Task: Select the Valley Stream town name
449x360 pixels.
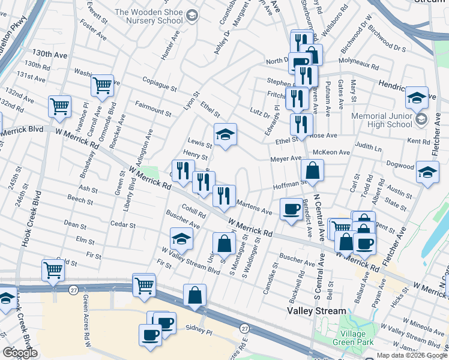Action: [x=316, y=311]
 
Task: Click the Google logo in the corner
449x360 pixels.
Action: [x=20, y=352]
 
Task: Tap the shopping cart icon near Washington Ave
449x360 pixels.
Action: [x=103, y=86]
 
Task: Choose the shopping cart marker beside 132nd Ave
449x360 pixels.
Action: [x=59, y=107]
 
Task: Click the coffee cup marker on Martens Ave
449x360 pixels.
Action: [x=292, y=209]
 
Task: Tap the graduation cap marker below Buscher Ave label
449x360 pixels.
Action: [x=181, y=239]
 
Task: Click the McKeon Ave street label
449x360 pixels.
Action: [x=335, y=152]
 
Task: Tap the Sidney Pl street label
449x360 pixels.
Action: [x=199, y=330]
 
